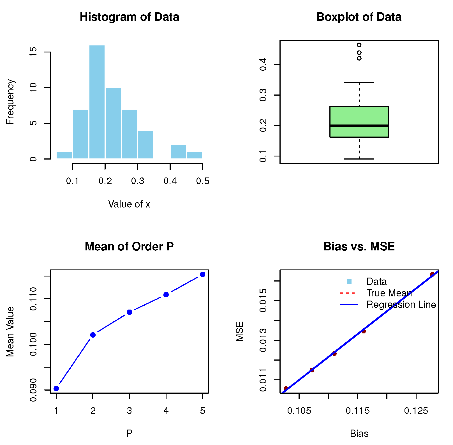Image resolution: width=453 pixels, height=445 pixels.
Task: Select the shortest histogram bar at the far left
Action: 64,155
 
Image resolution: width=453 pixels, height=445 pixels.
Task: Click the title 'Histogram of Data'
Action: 129,17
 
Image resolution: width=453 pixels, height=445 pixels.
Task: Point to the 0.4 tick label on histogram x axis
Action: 170,181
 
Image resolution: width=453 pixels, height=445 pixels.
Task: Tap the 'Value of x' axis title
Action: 129,204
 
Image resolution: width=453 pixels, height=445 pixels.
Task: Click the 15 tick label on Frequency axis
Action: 33,52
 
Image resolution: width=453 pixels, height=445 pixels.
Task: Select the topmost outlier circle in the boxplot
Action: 359,45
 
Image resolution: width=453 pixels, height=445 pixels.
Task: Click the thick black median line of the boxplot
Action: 359,126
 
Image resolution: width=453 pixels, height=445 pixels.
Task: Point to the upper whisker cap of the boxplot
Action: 359,82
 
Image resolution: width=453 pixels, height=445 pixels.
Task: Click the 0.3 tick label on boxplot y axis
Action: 263,95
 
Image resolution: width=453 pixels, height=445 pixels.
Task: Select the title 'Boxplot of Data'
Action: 359,17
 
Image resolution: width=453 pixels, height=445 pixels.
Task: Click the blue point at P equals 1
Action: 56,388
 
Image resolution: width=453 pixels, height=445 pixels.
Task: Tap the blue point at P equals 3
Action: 129,312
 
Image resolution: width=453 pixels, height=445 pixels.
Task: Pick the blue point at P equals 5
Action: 203,275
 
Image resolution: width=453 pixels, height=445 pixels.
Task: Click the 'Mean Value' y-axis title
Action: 10,331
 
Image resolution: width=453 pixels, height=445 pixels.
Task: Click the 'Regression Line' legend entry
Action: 401,305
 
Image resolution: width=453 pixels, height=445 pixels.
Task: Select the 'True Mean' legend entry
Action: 389,293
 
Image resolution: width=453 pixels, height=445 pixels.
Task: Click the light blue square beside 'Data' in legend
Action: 349,282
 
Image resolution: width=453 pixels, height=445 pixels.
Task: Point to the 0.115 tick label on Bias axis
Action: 358,411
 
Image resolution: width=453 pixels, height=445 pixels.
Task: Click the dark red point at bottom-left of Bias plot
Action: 286,388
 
